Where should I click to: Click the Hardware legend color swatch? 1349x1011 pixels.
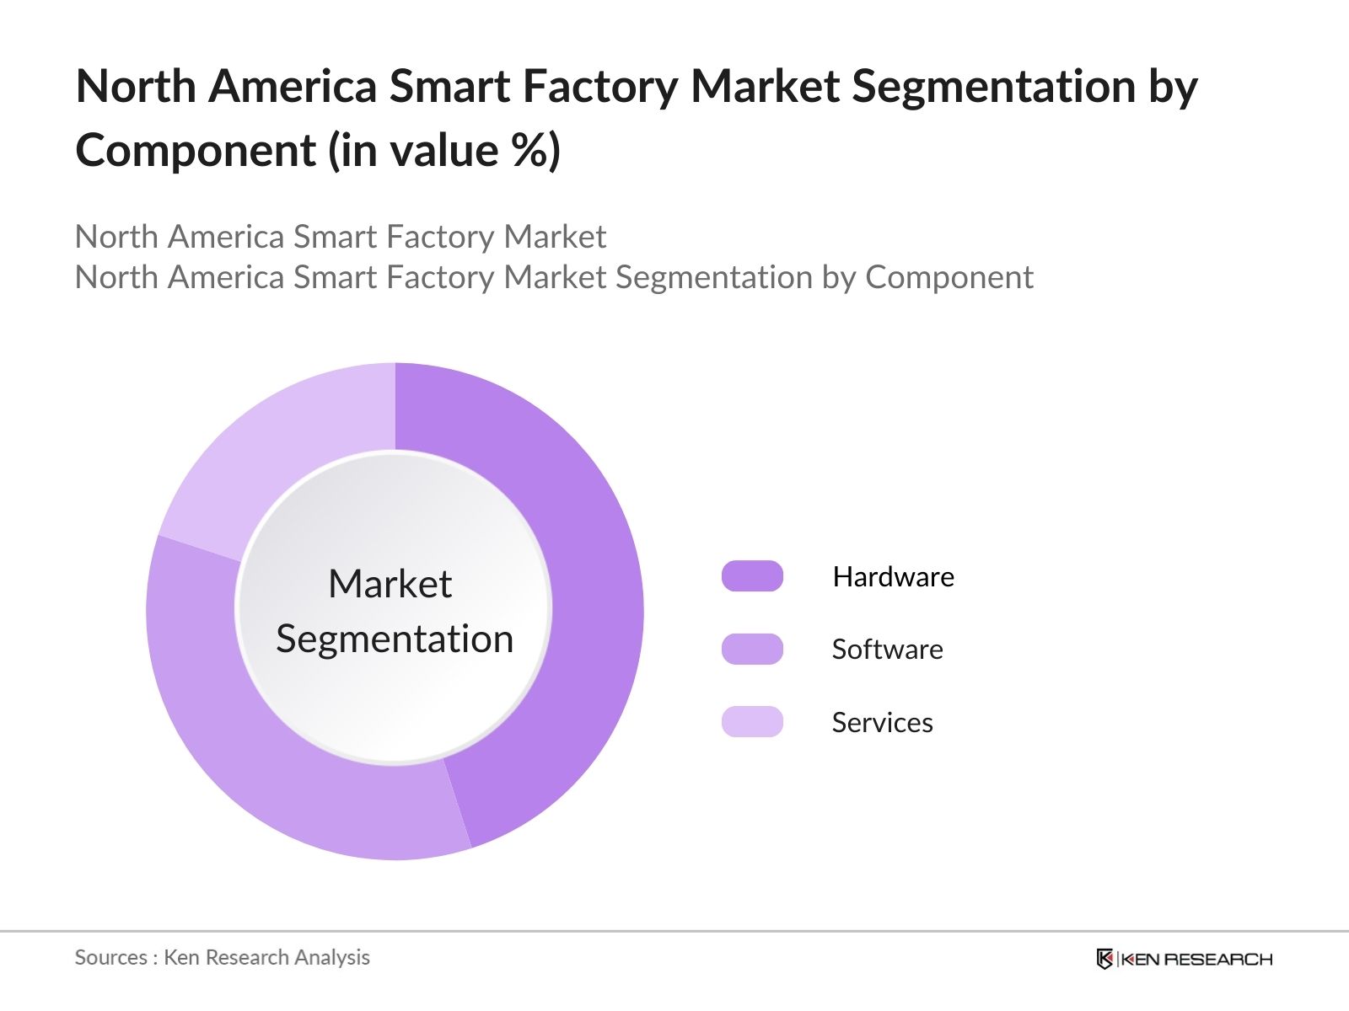click(752, 576)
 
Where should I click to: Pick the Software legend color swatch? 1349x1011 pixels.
click(752, 650)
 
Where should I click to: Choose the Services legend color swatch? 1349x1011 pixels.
click(752, 722)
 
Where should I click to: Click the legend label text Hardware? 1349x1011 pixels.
click(893, 577)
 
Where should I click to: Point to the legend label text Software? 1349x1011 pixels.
click(887, 650)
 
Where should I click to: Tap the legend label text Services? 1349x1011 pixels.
click(882, 723)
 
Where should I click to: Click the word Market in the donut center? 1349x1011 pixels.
click(390, 584)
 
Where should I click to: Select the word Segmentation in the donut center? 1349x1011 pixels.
click(395, 639)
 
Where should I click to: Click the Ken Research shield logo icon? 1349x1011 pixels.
click(1104, 959)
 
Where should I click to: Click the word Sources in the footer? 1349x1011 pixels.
click(110, 958)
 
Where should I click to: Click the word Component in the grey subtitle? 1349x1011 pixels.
click(949, 277)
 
